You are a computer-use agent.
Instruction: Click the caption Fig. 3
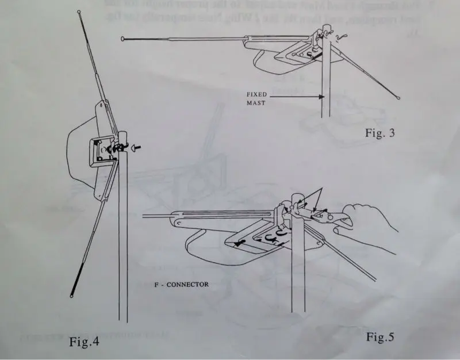[380, 133]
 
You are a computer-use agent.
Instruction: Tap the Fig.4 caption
[84, 342]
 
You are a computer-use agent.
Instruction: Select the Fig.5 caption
[381, 336]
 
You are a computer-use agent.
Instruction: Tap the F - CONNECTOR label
[185, 284]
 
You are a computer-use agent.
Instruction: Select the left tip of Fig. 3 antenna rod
[123, 39]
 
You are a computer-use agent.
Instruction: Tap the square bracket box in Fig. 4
[103, 152]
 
